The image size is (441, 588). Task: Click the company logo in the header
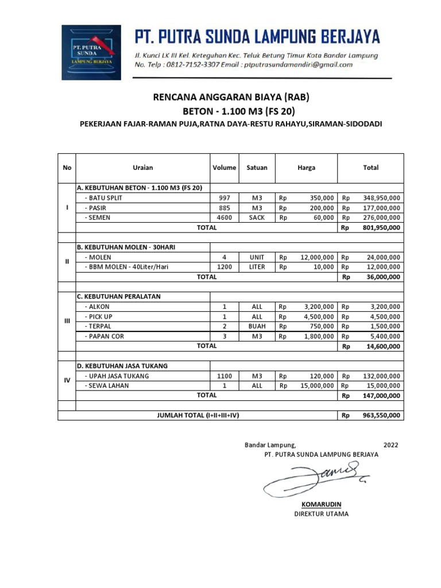click(x=91, y=52)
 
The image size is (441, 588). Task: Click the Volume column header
click(x=224, y=168)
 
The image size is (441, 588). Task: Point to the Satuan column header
click(x=257, y=168)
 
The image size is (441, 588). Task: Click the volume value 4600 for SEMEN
click(x=224, y=218)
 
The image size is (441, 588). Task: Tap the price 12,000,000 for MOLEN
click(x=316, y=257)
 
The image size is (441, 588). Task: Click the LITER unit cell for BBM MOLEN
click(x=257, y=267)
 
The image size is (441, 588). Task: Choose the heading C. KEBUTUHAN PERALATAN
click(x=119, y=297)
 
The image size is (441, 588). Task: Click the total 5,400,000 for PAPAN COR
click(x=384, y=336)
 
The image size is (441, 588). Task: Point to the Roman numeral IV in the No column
click(x=67, y=380)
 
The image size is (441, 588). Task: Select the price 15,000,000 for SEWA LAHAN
click(x=316, y=386)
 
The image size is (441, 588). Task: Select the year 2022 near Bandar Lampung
click(x=390, y=445)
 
